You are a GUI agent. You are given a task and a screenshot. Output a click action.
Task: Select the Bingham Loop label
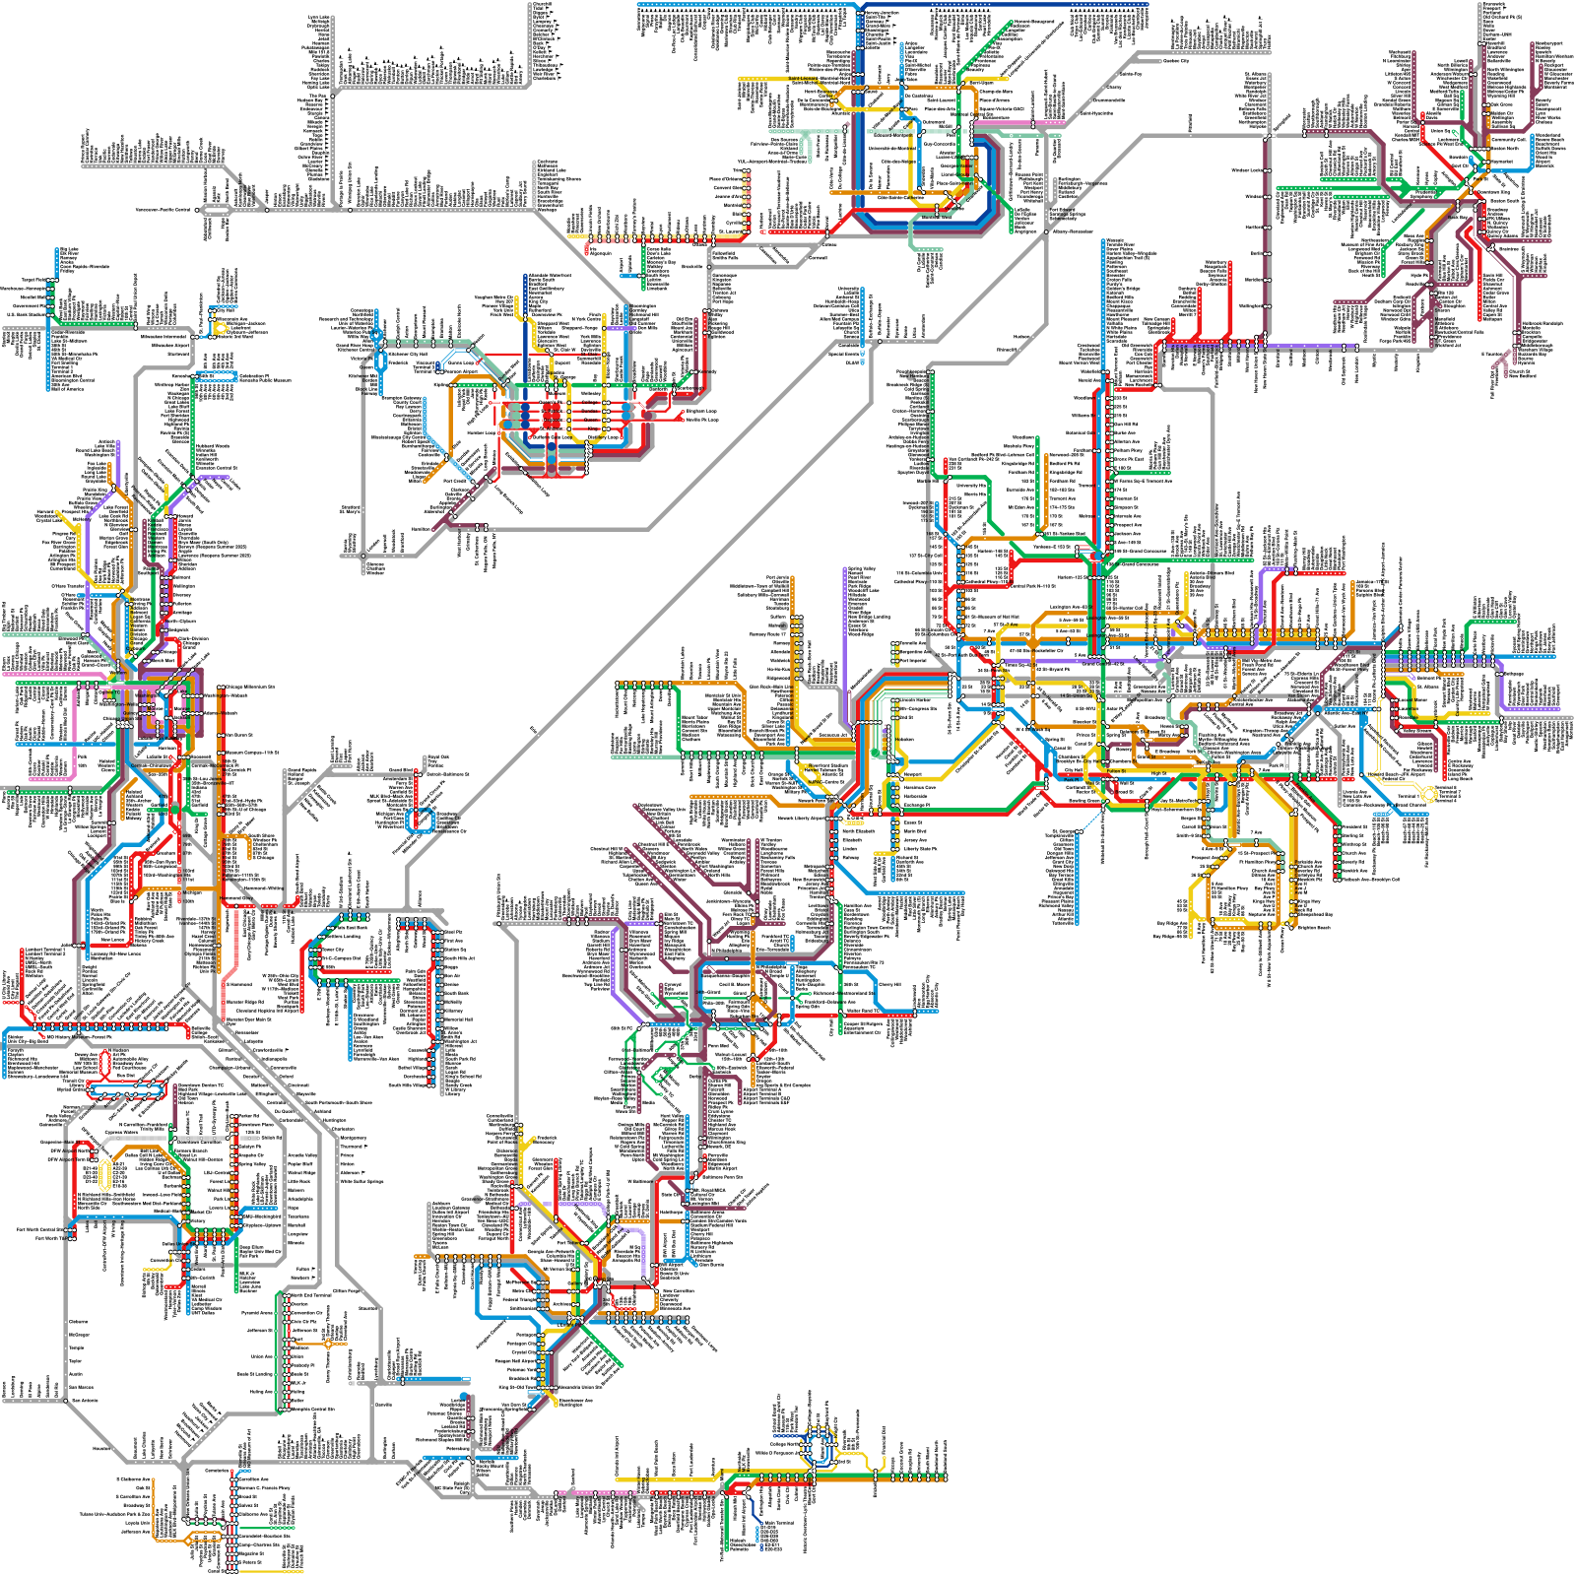(701, 412)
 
